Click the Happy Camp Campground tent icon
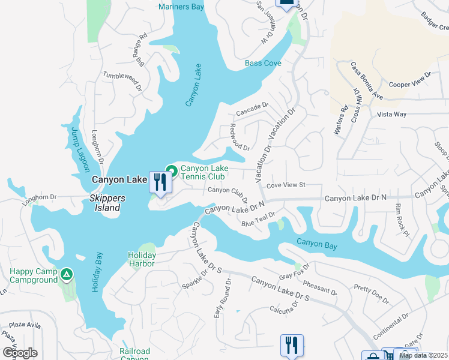tap(67, 275)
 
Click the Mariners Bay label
tap(181, 7)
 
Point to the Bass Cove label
tap(263, 63)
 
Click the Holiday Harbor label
tap(142, 259)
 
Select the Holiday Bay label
tap(97, 273)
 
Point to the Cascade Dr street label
tap(251, 109)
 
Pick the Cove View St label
tap(286, 185)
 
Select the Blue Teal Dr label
tap(258, 219)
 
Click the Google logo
tap(20, 352)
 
